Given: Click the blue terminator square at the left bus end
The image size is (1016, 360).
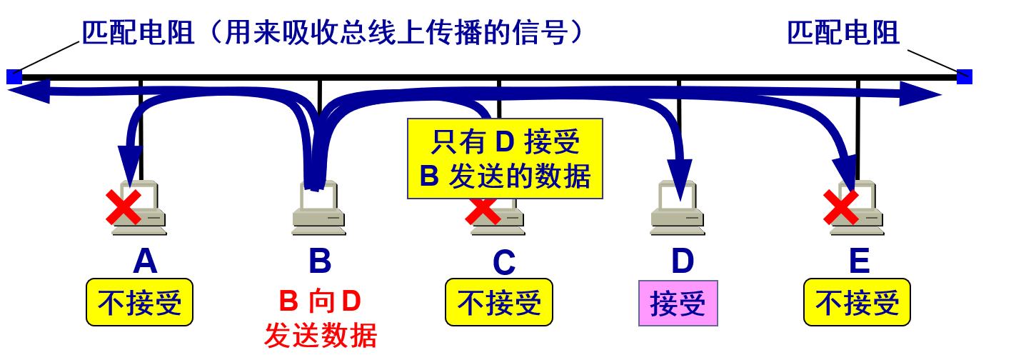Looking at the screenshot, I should tap(14, 76).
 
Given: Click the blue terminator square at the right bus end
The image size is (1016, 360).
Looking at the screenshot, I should tap(965, 76).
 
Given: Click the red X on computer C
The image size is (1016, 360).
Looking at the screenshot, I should tap(483, 210).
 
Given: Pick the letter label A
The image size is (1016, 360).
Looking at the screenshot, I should tap(145, 261).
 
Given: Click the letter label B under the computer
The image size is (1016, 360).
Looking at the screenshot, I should tap(319, 261).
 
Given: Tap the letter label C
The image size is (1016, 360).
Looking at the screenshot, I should tap(503, 263).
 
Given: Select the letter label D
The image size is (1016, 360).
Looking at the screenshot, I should tap(683, 261).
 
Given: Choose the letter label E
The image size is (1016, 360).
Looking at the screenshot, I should tap(859, 261).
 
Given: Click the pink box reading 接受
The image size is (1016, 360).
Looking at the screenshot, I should tap(678, 303).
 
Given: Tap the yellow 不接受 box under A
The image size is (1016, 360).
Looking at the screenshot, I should tap(140, 302).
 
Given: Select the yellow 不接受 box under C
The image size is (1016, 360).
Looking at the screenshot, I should tap(499, 302).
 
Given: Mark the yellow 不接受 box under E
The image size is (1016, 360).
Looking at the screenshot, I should tap(857, 302).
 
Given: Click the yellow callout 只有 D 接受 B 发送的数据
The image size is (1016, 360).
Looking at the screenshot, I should tap(505, 159).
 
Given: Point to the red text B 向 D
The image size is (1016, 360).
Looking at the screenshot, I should tap(319, 301).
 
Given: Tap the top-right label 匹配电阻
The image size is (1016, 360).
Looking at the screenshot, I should tap(843, 33).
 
